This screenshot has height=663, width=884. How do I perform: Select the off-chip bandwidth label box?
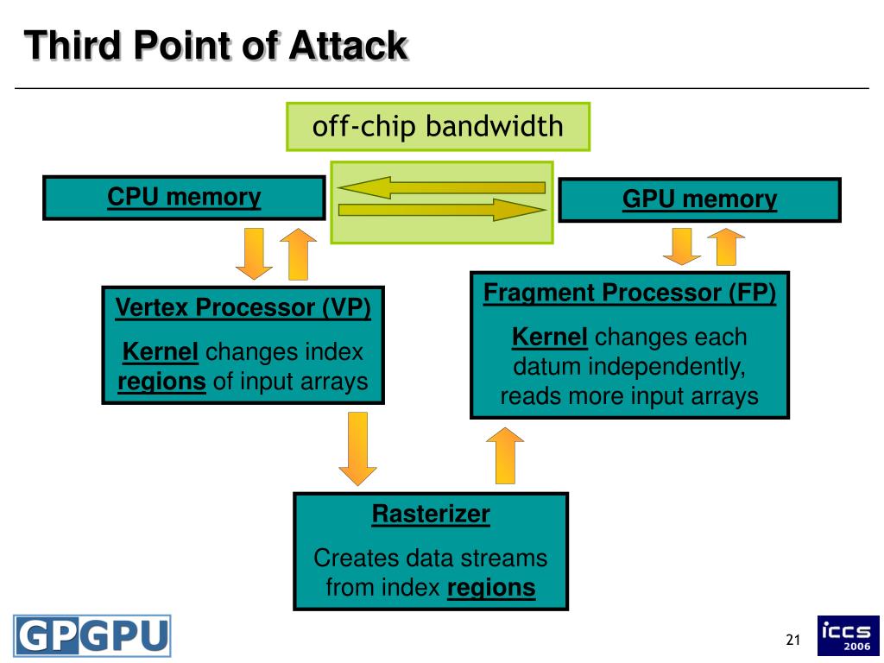coord(438,126)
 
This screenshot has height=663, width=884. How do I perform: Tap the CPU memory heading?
coord(184,198)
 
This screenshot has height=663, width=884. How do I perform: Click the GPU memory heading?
coord(699,199)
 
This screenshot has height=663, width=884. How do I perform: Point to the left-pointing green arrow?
coord(441,187)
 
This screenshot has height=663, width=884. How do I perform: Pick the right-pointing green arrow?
coord(442,211)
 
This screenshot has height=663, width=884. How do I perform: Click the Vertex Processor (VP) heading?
coord(243,308)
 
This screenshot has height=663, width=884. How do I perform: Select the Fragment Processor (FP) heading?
coord(629,294)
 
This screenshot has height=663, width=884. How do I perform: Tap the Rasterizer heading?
coord(431,515)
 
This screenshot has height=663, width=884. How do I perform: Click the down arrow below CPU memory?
coord(254,254)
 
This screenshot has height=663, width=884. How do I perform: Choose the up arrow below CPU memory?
coord(298,254)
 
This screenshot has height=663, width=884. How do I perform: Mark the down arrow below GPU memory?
coord(682,246)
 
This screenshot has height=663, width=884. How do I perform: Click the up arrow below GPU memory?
coord(726,246)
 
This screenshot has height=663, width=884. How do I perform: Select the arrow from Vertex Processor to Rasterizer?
coord(357,449)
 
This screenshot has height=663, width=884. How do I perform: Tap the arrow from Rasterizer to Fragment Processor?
coord(505,456)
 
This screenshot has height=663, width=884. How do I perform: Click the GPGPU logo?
coord(92,636)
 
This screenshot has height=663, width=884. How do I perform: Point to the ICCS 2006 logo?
coord(849,635)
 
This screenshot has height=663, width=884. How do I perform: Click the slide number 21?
coord(793,640)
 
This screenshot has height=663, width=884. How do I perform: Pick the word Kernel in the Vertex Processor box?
coord(160,352)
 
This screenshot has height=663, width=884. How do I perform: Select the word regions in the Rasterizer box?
coord(491,588)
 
